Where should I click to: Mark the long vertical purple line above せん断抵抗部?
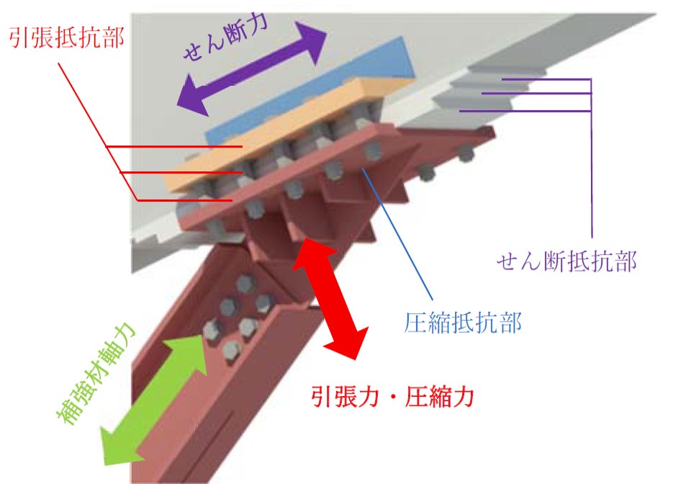pyautogui.click(x=591, y=158)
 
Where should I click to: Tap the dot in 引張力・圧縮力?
pyautogui.click(x=392, y=395)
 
